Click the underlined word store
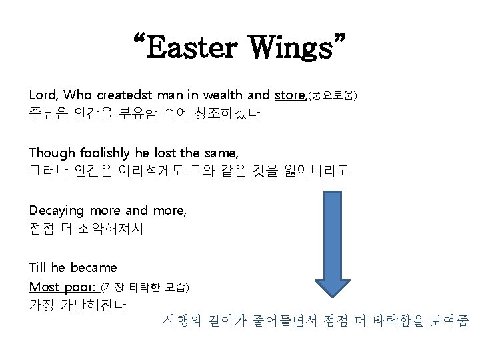(x=289, y=95)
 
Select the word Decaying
(x=57, y=211)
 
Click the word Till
(x=38, y=267)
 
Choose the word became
(x=93, y=267)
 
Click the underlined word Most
(x=43, y=287)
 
